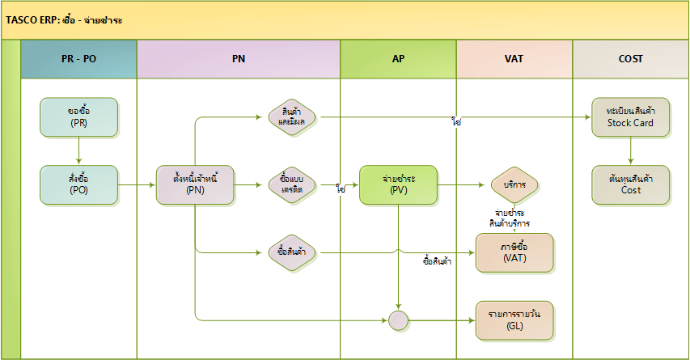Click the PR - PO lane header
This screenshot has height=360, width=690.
coord(78,60)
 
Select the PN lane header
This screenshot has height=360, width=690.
coord(239,60)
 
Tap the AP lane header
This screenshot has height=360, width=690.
coord(398,60)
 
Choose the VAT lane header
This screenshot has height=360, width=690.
coord(514,60)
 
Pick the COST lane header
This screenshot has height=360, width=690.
coord(630,60)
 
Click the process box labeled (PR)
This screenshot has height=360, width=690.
coord(78,117)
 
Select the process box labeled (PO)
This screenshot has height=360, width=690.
coord(78,184)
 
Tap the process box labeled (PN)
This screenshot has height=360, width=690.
coord(196,184)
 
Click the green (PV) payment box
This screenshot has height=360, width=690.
coord(398,184)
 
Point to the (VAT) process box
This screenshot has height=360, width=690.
coord(514,252)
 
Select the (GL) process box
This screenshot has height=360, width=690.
coord(514,320)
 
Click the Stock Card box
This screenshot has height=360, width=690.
coord(630,117)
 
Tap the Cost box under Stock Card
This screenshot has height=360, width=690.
coord(630,184)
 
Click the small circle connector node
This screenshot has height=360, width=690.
coord(398,320)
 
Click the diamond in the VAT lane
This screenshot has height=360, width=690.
coord(514,184)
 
